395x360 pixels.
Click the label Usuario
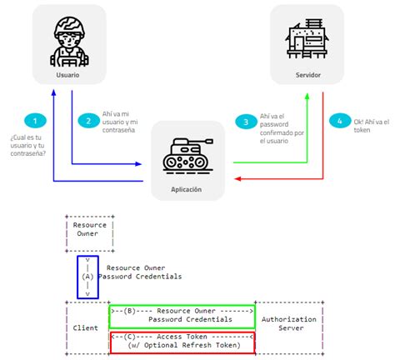coord(68,76)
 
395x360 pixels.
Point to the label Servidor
coord(308,76)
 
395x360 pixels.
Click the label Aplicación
coord(188,189)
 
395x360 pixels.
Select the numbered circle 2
coord(88,121)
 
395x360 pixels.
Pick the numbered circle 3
coord(242,121)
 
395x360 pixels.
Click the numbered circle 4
coord(337,121)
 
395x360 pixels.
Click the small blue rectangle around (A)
coord(87,276)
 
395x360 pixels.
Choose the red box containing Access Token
coord(181,341)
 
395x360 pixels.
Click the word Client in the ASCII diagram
coord(86,328)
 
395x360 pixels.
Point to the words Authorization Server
coord(287,324)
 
